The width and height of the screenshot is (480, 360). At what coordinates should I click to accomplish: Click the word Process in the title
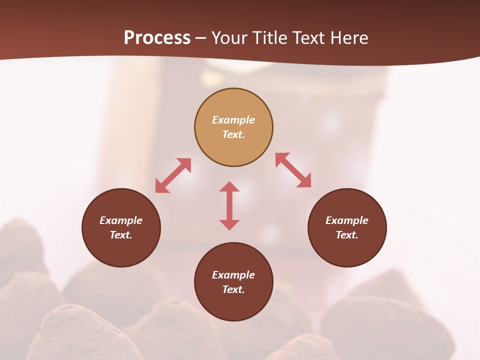[x=157, y=38]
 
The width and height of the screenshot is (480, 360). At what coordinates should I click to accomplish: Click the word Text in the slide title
[x=308, y=38]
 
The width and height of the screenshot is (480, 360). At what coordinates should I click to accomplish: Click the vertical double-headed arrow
[x=229, y=206]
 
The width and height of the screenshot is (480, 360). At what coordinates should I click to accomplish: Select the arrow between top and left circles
[x=173, y=175]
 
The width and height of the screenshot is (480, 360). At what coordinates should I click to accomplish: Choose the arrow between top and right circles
[x=293, y=170]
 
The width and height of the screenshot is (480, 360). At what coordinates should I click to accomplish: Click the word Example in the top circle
[x=233, y=120]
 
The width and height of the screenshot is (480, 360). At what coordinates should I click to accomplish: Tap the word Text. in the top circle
[x=233, y=134]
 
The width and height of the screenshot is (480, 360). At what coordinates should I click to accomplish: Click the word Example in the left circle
[x=121, y=220]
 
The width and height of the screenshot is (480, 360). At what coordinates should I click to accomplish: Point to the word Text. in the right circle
[x=347, y=235]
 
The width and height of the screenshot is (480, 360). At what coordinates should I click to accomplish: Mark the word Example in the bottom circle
[x=233, y=275]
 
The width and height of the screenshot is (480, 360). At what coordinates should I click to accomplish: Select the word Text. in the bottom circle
[x=233, y=289]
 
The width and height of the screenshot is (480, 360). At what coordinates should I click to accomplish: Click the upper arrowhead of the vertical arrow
[x=229, y=187]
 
